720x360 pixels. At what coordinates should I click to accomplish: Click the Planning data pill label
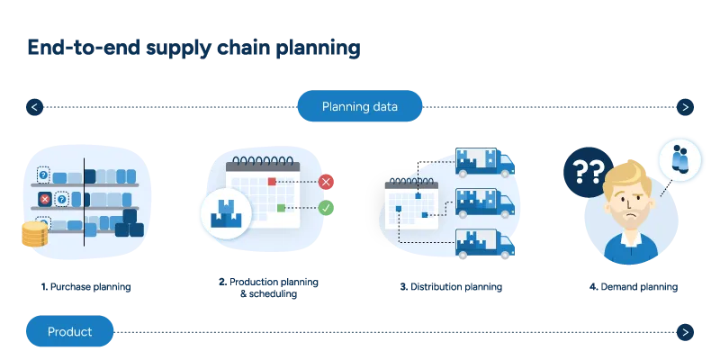pos(359,107)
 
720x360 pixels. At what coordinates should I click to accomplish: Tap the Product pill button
pos(69,331)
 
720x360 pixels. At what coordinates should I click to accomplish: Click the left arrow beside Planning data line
pos(34,107)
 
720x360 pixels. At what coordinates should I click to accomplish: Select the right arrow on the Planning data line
pos(686,107)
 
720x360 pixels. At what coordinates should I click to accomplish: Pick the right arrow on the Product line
pos(686,331)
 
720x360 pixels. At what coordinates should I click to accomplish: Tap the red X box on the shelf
pos(44,199)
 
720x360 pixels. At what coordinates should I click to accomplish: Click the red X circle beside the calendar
pos(326,182)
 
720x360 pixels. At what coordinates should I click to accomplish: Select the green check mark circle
pos(327,208)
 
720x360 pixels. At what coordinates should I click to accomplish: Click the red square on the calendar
pos(272,182)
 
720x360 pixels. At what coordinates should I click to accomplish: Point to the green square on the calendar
pos(281,208)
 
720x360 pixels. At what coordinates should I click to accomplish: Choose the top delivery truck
pos(484,162)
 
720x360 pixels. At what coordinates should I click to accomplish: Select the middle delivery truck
pos(484,202)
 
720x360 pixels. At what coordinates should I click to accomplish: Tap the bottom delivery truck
pos(484,243)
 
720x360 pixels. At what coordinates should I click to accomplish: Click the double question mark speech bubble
pos(587,171)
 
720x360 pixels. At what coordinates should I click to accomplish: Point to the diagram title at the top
pos(191,48)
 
